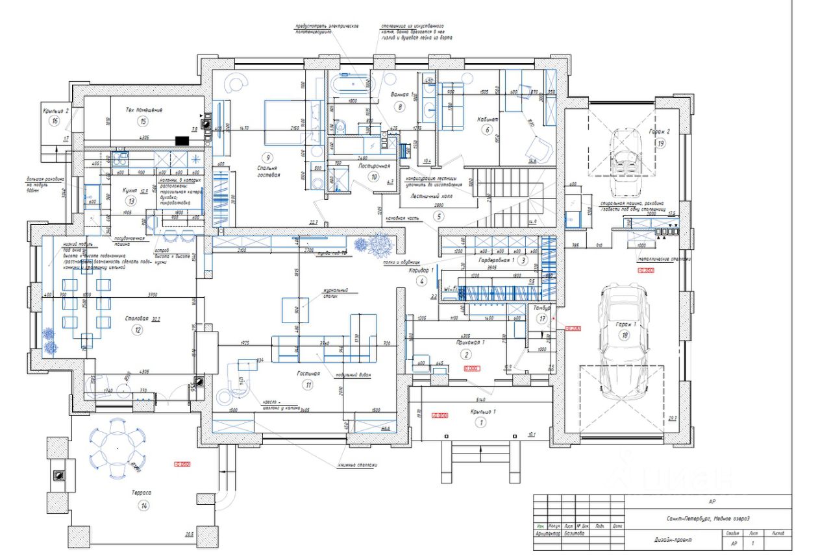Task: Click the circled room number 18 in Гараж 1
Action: pyautogui.click(x=625, y=335)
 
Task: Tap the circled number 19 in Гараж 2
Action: pyautogui.click(x=660, y=144)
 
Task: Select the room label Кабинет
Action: pyautogui.click(x=487, y=119)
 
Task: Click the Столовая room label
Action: pyautogui.click(x=138, y=319)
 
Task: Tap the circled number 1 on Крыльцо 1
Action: pyautogui.click(x=482, y=422)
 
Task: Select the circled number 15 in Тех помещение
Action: pyautogui.click(x=143, y=121)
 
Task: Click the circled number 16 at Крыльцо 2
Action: pyautogui.click(x=55, y=121)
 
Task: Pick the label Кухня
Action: pyautogui.click(x=130, y=191)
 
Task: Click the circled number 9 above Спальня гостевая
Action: pyautogui.click(x=266, y=156)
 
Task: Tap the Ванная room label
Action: pyautogui.click(x=399, y=95)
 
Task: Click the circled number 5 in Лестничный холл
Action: pyautogui.click(x=439, y=216)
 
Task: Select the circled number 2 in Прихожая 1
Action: pyautogui.click(x=466, y=354)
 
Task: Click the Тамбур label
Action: pyautogui.click(x=542, y=309)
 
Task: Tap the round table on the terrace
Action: pyautogui.click(x=118, y=448)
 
